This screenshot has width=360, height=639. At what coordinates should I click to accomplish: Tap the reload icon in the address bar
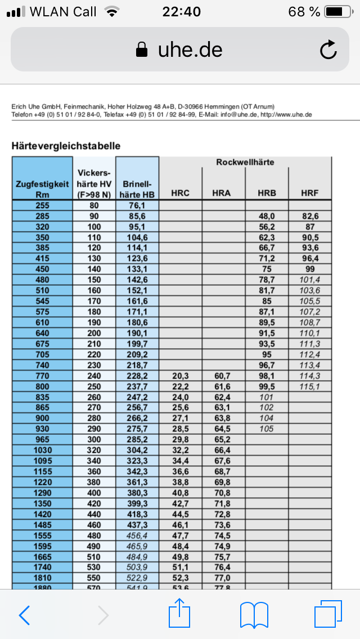coord(328,51)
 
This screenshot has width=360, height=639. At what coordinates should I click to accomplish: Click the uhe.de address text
coord(190,50)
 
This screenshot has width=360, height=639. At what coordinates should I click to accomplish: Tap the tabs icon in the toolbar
coord(327,614)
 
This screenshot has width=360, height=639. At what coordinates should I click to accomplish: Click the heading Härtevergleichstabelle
coord(66,146)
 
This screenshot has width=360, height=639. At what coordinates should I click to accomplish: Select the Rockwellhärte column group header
coord(245,163)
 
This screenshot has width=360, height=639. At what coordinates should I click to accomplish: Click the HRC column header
coord(181,193)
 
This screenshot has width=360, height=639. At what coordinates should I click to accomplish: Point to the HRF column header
coord(310,193)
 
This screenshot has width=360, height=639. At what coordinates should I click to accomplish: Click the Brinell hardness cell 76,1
coord(138,205)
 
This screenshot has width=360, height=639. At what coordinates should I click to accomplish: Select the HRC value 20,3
coord(181,376)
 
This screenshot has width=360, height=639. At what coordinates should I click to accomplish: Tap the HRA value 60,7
coord(223,376)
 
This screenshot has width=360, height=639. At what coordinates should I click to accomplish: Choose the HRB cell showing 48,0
coord(266,216)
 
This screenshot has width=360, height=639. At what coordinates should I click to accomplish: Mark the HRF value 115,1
coord(310,387)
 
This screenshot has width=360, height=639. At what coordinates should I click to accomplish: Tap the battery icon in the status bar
coord(338,11)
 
